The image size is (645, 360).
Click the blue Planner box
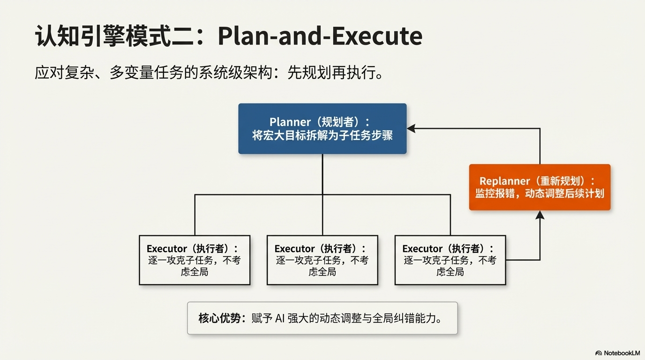pos(322,128)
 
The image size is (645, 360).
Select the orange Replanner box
pos(540,187)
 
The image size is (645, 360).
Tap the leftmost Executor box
pos(195,260)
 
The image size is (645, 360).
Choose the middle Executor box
pos(322,260)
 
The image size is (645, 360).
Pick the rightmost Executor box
pos(450,260)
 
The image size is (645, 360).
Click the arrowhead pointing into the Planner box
pos(411,128)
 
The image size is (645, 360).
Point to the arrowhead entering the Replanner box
pos(540,215)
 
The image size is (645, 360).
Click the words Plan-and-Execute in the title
pos(320,36)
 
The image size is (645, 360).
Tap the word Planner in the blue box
pos(290,122)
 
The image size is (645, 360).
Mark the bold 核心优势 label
pos(220,318)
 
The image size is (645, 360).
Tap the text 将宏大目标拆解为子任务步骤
pos(322,136)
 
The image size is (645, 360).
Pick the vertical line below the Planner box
pos(322,173)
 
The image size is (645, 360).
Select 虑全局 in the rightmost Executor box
pos(450,272)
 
